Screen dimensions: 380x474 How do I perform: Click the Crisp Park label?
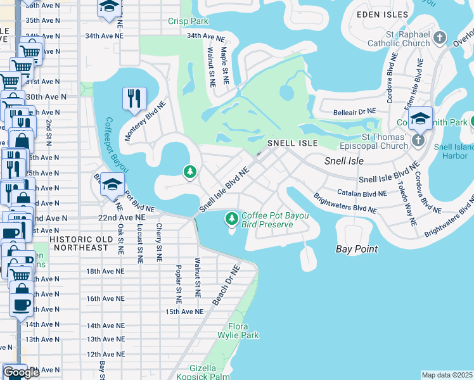[x=188, y=22]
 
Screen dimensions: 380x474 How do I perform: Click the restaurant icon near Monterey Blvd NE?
[x=134, y=98]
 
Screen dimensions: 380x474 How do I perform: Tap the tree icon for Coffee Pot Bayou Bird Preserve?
[x=232, y=219]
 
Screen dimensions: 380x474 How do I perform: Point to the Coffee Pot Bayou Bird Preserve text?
[x=275, y=220]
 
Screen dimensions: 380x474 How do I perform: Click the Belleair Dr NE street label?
[x=355, y=113]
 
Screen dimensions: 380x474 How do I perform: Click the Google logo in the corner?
[x=21, y=372]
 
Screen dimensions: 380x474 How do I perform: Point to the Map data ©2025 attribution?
[x=447, y=375]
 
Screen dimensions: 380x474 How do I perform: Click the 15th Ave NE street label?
[x=184, y=312]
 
